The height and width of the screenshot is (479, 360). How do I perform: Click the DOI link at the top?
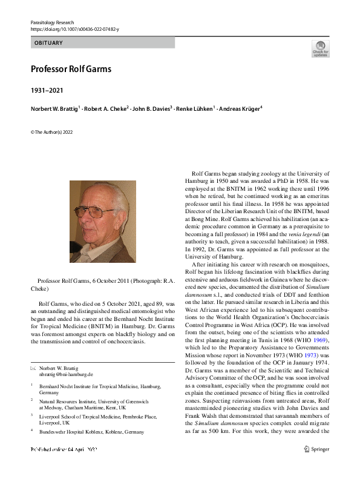tap(74, 29)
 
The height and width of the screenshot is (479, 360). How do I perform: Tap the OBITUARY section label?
tap(48, 43)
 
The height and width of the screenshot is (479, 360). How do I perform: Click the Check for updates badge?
tap(320, 48)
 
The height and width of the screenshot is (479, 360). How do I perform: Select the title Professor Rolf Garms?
tap(71, 68)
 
